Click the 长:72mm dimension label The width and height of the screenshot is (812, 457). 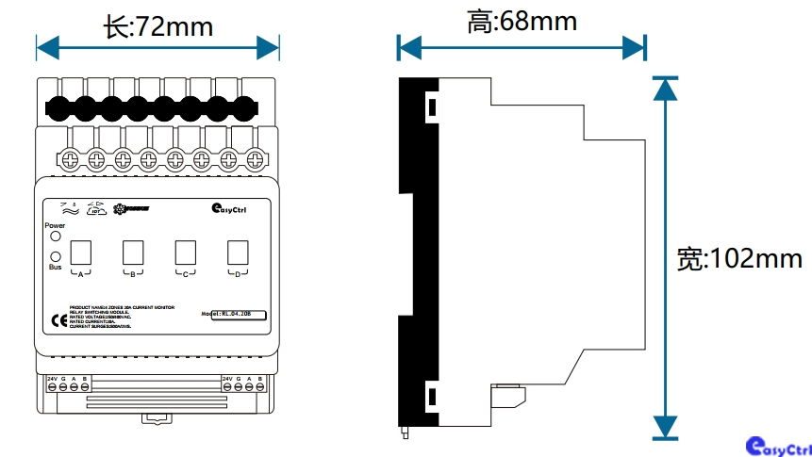[x=157, y=26]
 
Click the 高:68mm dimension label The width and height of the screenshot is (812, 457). [x=522, y=21]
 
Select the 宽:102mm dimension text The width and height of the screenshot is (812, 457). [x=739, y=258]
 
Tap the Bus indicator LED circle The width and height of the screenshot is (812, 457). [x=56, y=255]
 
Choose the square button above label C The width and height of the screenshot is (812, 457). [x=185, y=253]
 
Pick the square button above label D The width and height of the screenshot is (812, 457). [x=236, y=253]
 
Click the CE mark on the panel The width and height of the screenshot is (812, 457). [x=55, y=318]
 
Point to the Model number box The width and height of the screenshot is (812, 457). [x=237, y=315]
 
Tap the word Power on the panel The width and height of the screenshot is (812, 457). [x=55, y=226]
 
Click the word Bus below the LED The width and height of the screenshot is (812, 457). [x=55, y=268]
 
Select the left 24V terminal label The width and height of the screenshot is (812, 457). [x=53, y=378]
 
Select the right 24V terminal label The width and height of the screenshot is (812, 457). [x=227, y=378]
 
